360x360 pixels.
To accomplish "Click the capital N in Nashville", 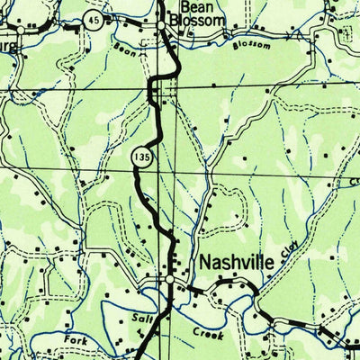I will (204, 263).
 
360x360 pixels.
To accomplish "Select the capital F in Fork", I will (67, 338).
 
